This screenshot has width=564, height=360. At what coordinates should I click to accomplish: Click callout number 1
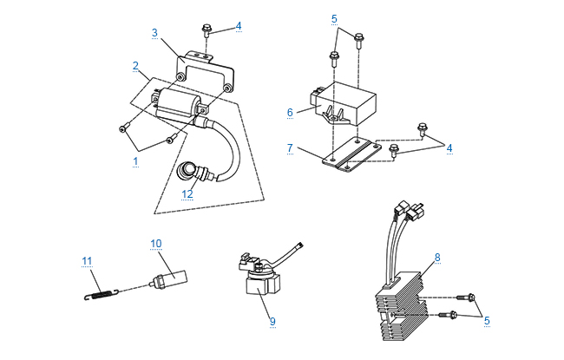[135, 161]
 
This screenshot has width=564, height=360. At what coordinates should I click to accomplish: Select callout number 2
[135, 65]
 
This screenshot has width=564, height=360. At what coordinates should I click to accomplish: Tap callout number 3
[154, 33]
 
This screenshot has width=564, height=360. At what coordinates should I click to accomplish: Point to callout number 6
[291, 111]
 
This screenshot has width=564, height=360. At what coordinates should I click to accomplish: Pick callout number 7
[290, 148]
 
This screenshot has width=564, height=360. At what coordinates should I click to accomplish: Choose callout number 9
[272, 321]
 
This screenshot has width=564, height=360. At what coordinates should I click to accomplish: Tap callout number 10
[156, 244]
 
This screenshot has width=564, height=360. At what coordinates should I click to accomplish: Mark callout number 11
[86, 260]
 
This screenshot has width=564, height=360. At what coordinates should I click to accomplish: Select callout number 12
[187, 194]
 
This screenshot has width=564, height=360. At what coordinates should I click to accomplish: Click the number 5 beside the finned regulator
[487, 320]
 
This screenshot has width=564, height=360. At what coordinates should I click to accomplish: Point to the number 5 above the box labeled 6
[335, 17]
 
